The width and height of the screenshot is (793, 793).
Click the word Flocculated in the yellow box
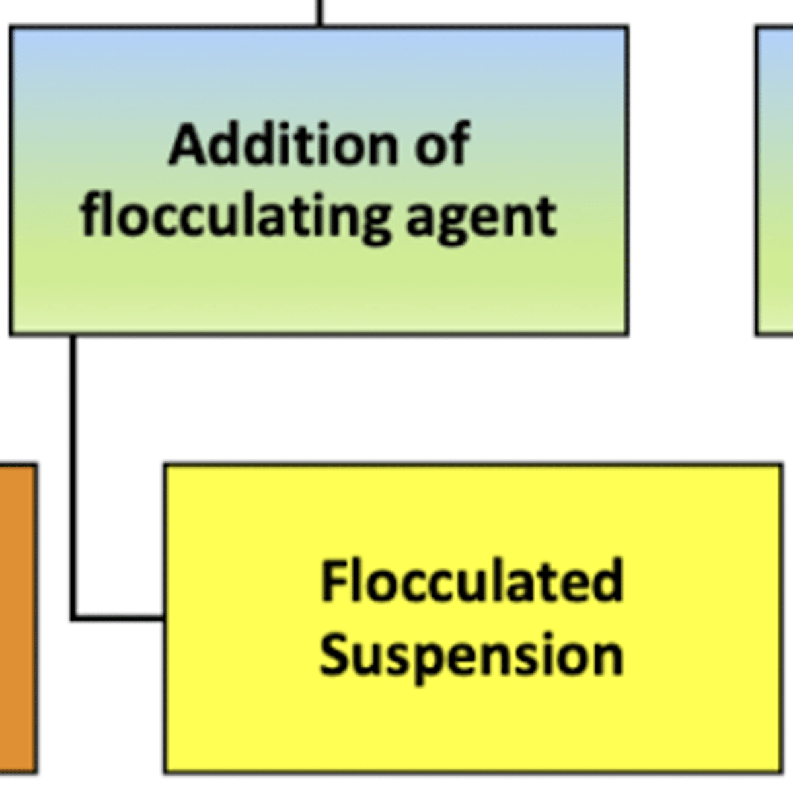point(472,582)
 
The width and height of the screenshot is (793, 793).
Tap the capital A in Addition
point(188,145)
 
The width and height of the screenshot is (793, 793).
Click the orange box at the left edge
point(17,618)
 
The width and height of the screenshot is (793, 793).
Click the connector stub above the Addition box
point(320,12)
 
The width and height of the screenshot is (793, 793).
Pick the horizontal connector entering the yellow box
point(119,618)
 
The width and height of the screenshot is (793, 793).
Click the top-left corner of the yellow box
point(165,467)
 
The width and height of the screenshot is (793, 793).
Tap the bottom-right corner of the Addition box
point(626,333)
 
